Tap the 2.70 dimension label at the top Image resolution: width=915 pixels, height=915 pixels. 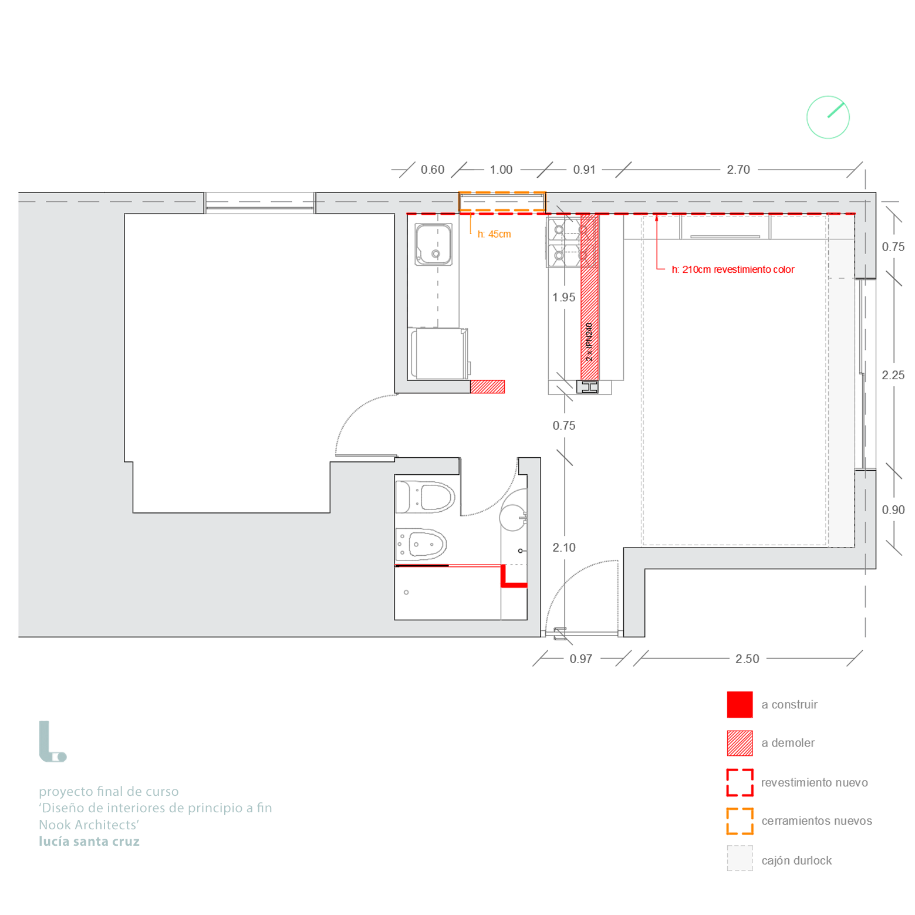coord(738,170)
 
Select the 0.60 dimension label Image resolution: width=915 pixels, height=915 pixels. coord(433,170)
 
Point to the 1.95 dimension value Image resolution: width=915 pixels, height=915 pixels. coord(563,298)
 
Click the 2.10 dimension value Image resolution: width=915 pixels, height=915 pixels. coord(563,548)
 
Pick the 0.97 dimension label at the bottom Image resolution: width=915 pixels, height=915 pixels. coord(580,659)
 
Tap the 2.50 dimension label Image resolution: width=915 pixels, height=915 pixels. coord(747,659)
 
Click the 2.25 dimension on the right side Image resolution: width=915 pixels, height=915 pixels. coord(893,375)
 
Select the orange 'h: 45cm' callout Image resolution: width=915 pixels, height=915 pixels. coord(494,234)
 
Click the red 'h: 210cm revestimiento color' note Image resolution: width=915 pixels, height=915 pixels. coord(732,269)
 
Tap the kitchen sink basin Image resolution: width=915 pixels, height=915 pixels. coord(433,244)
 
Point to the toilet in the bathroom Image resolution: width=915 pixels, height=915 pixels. coord(426,497)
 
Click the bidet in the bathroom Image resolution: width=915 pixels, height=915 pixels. coord(421,545)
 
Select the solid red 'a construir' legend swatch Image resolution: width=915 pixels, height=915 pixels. coord(740,704)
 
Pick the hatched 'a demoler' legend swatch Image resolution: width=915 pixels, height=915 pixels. coord(740,743)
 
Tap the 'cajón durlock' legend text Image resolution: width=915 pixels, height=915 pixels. coord(796,860)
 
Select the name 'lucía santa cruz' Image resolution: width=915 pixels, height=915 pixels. coord(89,842)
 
